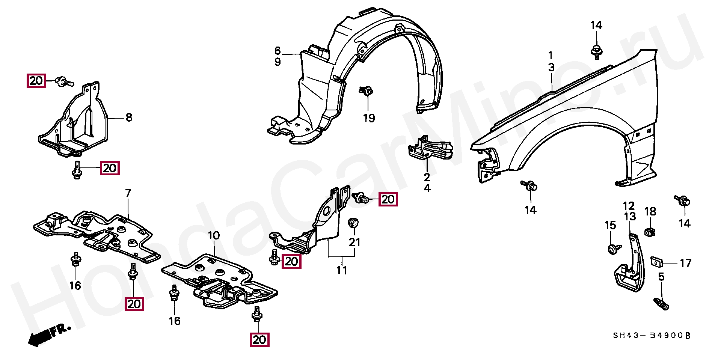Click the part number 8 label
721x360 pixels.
tap(129, 117)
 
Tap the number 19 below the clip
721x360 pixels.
tap(369, 118)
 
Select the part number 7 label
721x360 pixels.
tap(128, 194)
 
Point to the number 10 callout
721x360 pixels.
tap(213, 236)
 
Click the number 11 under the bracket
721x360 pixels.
tap(341, 270)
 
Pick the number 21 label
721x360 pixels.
tap(354, 243)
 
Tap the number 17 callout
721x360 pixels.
tap(685, 264)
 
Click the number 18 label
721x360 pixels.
tap(650, 212)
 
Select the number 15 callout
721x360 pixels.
tap(610, 225)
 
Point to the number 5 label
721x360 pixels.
tap(661, 277)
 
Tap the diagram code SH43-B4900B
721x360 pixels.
tap(652, 335)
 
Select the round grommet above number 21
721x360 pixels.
tap(353, 223)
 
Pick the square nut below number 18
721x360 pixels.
tap(650, 232)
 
